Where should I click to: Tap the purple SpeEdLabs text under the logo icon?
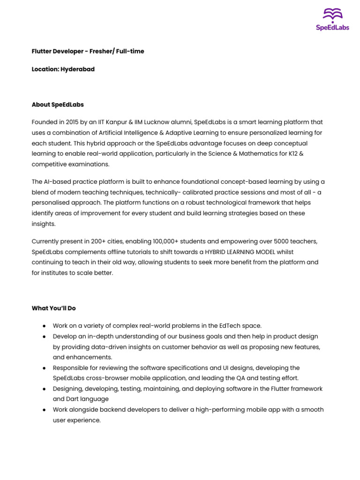[332, 28]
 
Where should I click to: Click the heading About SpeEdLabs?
[58, 105]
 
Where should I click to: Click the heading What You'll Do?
[53, 308]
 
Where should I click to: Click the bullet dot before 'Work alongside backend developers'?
[44, 410]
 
